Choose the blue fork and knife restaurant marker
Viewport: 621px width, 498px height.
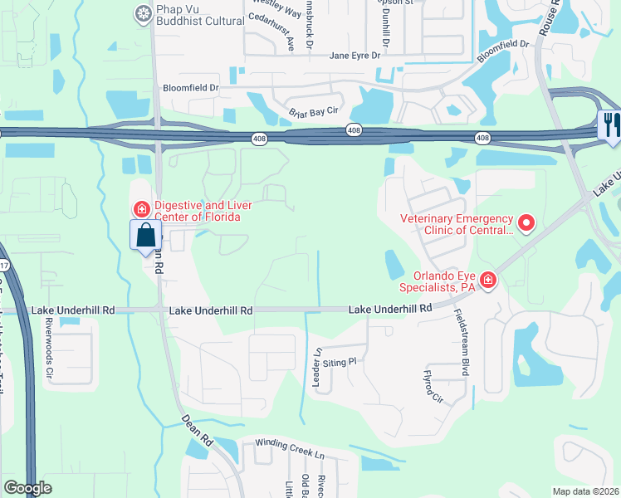point(610,124)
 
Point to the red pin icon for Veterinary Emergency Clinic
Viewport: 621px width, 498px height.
point(525,222)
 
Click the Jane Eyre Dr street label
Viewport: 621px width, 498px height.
point(355,56)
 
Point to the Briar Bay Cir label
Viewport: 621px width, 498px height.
point(314,111)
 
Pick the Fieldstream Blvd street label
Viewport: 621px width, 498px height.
point(461,343)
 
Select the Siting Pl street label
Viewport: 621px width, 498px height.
point(340,361)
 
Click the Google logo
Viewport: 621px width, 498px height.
point(27,487)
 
